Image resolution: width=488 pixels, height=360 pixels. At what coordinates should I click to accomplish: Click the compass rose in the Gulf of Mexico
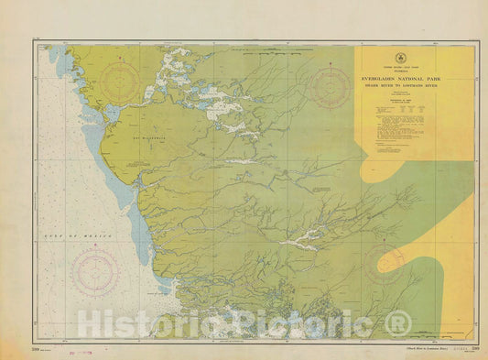pos(93,272)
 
